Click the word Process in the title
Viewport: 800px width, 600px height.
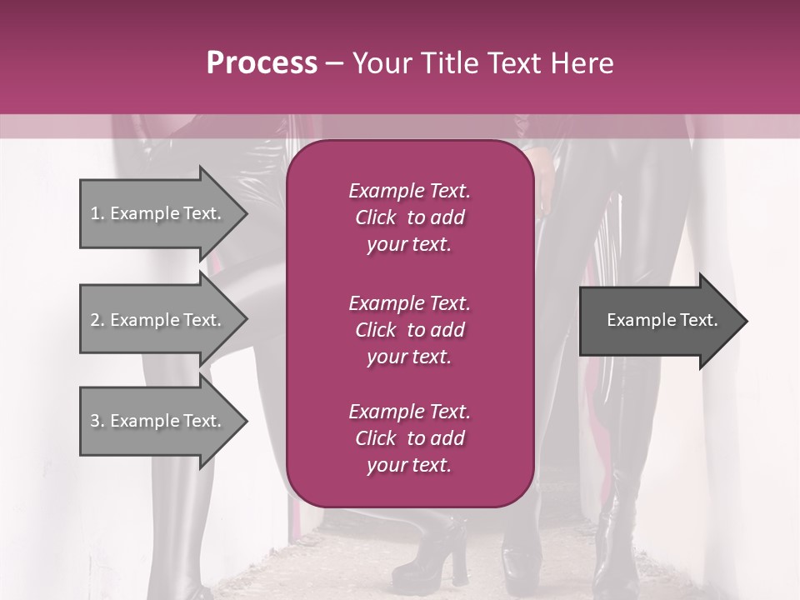[262, 63]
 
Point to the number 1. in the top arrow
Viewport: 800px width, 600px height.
[97, 213]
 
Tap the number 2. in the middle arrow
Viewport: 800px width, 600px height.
[97, 320]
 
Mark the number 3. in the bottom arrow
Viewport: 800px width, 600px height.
[97, 421]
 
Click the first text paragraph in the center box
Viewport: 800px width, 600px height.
[409, 217]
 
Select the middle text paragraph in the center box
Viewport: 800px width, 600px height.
[409, 330]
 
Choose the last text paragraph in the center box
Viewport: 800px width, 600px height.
[409, 438]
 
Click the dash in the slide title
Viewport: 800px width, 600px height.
[334, 64]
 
